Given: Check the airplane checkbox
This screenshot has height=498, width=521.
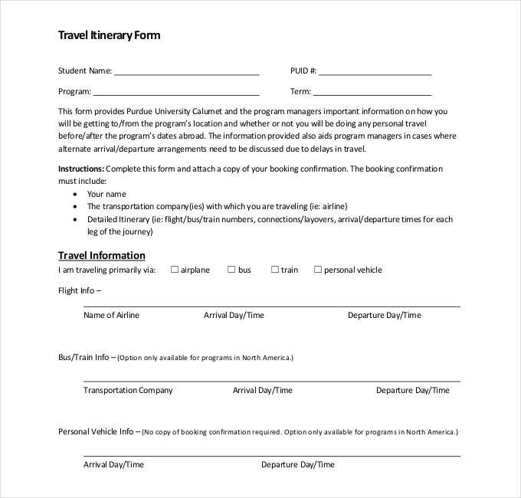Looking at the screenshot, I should pos(175,270).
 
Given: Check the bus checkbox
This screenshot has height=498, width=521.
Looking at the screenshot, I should pos(231,270).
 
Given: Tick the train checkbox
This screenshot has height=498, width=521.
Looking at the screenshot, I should pos(274,270).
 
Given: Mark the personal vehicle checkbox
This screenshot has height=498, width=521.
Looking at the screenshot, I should pos(317,270).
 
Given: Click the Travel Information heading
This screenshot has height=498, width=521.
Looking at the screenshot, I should pos(102,255).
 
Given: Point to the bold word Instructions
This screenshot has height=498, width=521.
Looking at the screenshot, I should pos(81,169).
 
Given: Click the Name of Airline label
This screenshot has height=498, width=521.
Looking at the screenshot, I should pos(111,315).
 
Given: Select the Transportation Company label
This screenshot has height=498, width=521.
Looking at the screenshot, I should pos(128,390).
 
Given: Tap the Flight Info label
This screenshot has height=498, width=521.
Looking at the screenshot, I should pos(80,290).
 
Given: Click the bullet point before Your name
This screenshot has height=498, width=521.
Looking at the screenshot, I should pos(74,195).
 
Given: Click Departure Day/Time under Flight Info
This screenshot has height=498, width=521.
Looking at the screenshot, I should pos(384,315).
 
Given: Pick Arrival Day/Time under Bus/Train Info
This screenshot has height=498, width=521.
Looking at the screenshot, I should pos(263,390).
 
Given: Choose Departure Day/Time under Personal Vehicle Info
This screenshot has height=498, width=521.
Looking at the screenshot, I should pos(298,464).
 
